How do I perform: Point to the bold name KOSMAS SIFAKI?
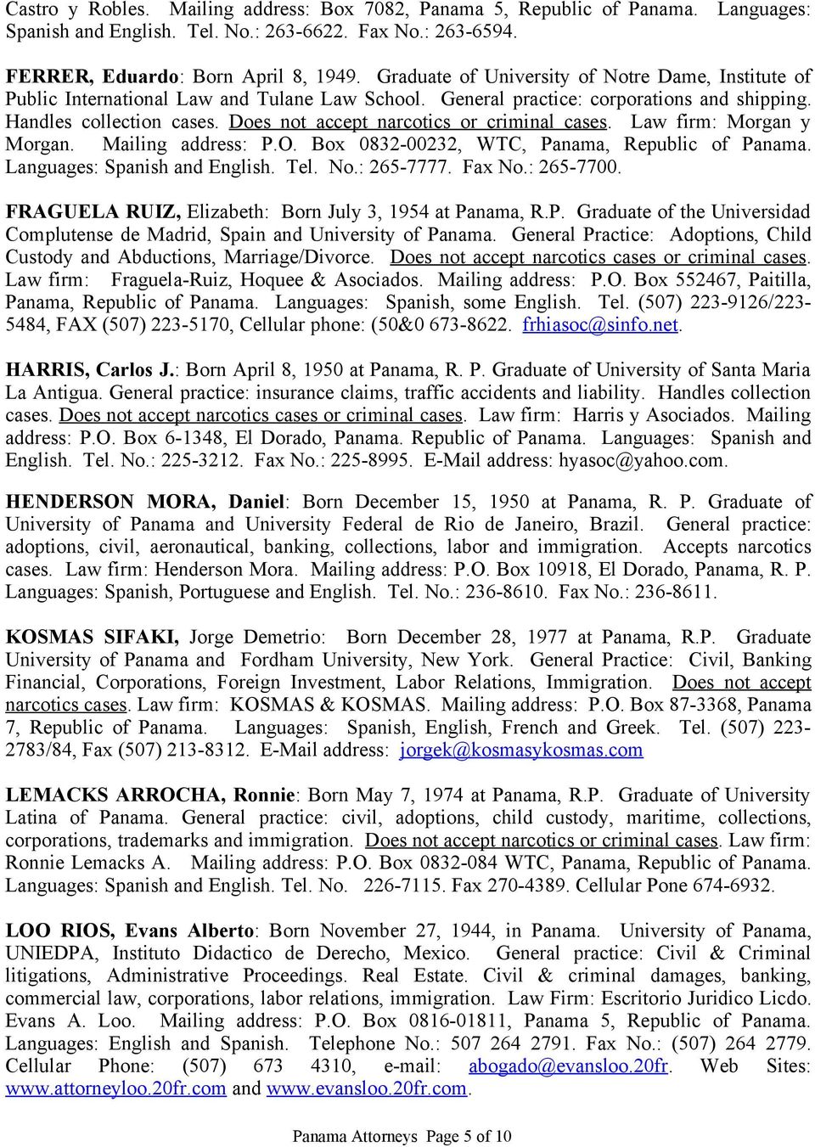tap(92, 638)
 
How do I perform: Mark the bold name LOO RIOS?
tap(59, 931)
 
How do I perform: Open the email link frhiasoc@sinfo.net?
tap(601, 324)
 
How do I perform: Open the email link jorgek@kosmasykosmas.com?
tap(520, 751)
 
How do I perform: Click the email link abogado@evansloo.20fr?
tap(568, 1066)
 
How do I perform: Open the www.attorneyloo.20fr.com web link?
tap(116, 1088)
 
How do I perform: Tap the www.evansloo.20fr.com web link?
tap(367, 1088)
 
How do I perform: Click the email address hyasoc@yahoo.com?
tap(642, 460)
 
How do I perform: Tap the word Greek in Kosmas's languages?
tap(631, 728)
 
